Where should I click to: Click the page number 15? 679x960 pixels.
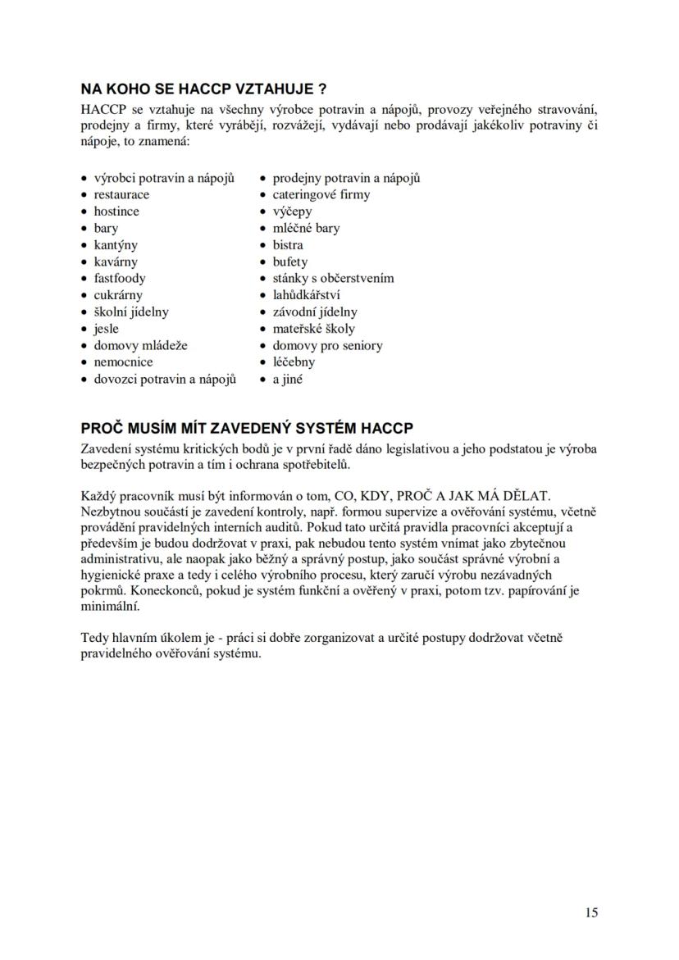pyautogui.click(x=592, y=912)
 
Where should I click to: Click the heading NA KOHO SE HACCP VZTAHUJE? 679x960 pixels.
pyautogui.click(x=204, y=89)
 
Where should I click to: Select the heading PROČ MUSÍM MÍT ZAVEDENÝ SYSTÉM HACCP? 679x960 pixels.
pyautogui.click(x=247, y=429)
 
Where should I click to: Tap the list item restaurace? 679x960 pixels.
pyautogui.click(x=121, y=195)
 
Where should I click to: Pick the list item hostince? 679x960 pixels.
pyautogui.click(x=116, y=212)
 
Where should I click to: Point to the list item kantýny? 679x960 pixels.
pyautogui.click(x=116, y=245)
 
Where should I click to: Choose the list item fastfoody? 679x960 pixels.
pyautogui.click(x=120, y=279)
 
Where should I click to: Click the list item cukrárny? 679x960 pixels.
pyautogui.click(x=118, y=295)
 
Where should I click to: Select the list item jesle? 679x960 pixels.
pyautogui.click(x=107, y=329)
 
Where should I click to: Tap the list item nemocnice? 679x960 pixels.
pyautogui.click(x=123, y=362)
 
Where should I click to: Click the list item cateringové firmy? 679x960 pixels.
pyautogui.click(x=321, y=195)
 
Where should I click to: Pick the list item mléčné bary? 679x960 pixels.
pyautogui.click(x=306, y=229)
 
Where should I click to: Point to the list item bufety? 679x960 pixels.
pyautogui.click(x=290, y=262)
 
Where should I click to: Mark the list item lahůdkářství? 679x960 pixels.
pyautogui.click(x=307, y=295)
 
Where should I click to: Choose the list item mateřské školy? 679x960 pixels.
pyautogui.click(x=314, y=329)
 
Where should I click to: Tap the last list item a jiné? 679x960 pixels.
pyautogui.click(x=287, y=380)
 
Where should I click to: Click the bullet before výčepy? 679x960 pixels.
pyautogui.click(x=263, y=212)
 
